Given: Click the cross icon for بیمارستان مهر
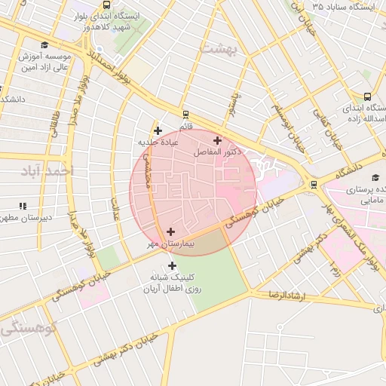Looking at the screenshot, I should [170, 232].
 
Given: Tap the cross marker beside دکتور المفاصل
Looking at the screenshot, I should [218, 140].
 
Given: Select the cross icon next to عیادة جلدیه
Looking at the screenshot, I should [158, 130].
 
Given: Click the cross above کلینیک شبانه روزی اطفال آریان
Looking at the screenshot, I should [173, 265].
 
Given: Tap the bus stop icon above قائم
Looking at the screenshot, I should [185, 115].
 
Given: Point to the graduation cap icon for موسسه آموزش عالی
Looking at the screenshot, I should [45, 45].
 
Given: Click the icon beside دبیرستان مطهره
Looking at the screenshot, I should [23, 205].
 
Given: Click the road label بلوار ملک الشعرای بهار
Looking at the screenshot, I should [356, 242].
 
